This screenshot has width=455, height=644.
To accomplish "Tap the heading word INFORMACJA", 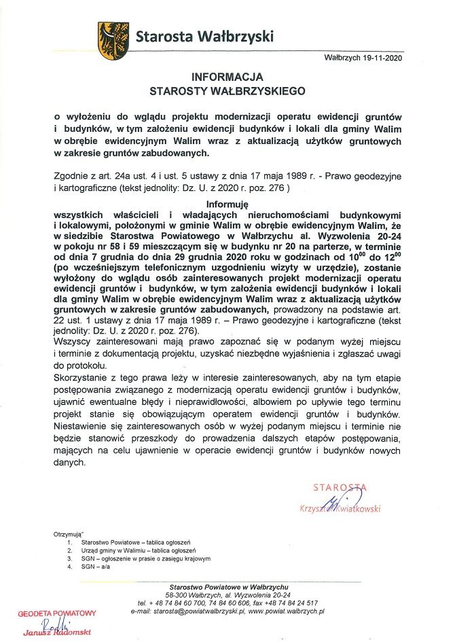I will pyautogui.click(x=227, y=77).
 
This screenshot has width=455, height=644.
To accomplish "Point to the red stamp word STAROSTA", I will pyautogui.click(x=339, y=487).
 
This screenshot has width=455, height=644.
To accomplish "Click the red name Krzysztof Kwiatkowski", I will pyautogui.click(x=340, y=508).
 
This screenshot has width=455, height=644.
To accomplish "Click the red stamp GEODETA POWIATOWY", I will pyautogui.click(x=58, y=612).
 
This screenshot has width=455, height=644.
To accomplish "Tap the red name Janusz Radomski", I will pyautogui.click(x=57, y=633).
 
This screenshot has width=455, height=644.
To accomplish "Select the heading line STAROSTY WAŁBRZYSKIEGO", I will pyautogui.click(x=227, y=90).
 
